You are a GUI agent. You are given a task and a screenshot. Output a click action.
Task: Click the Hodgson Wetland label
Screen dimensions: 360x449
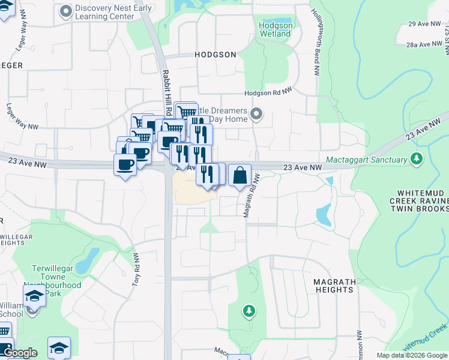pyautogui.click(x=276, y=29)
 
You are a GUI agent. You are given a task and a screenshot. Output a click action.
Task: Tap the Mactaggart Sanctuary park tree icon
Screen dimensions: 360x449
pyautogui.click(x=416, y=160)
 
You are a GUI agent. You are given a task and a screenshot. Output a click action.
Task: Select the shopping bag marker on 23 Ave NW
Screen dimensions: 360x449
pyautogui.click(x=240, y=175)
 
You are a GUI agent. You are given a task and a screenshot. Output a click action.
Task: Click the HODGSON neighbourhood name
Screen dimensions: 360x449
pyautogui.click(x=215, y=54)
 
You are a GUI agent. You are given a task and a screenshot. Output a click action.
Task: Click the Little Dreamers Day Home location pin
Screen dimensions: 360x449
pyautogui.click(x=257, y=113)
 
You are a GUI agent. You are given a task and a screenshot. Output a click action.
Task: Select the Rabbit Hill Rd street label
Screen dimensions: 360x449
pyautogui.click(x=167, y=92)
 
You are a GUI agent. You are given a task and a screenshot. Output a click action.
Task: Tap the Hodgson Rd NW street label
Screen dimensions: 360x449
pyautogui.click(x=268, y=93)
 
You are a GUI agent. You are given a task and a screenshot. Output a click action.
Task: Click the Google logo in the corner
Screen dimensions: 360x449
pyautogui.click(x=20, y=353)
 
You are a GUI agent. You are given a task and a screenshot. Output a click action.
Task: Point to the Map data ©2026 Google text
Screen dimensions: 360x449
pyautogui.click(x=411, y=355)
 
